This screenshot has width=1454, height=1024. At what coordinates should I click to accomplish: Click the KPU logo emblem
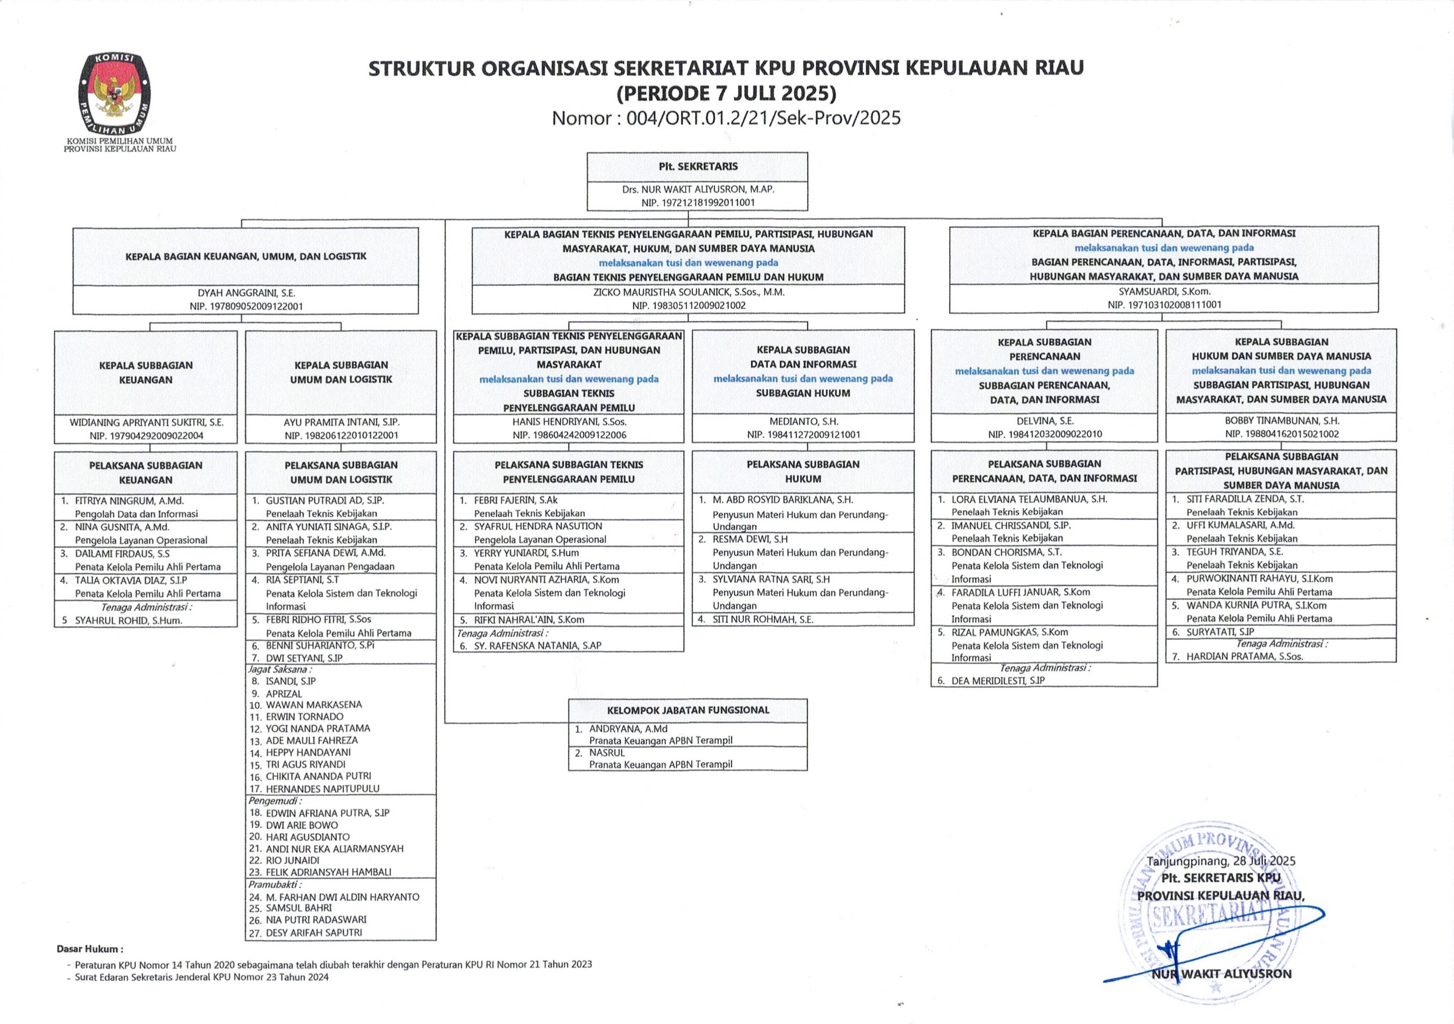[x=115, y=93]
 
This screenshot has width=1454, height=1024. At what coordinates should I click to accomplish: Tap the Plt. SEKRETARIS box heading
[x=698, y=166]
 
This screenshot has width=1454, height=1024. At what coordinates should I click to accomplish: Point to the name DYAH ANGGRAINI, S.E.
[x=246, y=293]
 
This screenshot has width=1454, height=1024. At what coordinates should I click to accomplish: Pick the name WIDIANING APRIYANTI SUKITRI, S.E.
[x=146, y=422]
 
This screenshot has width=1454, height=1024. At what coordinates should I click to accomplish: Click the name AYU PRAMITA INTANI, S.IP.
[x=341, y=422]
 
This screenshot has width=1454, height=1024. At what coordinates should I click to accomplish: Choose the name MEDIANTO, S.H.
[x=803, y=421]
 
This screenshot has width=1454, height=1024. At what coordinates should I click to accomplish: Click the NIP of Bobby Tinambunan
[x=1281, y=434]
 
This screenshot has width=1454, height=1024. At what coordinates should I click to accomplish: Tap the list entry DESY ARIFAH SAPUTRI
[x=314, y=933]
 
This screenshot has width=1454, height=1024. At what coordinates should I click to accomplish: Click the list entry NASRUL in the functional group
[x=607, y=753]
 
